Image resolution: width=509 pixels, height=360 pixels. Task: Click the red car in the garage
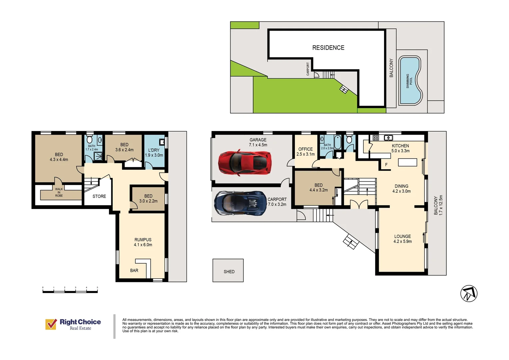pos(244,163)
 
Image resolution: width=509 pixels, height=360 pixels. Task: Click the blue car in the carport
pos(240,203)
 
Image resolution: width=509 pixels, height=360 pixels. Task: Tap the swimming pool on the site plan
pos(410,80)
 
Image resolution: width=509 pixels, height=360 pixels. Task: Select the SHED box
pos(228,270)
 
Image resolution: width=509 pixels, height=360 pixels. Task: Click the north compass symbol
pos(469,294)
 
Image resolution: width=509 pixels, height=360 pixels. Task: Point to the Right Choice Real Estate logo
pos(73,324)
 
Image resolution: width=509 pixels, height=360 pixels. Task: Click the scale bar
pos(70,291)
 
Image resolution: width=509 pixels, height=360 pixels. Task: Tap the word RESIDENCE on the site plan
pos(328,48)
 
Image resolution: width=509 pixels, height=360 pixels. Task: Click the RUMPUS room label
pos(143,242)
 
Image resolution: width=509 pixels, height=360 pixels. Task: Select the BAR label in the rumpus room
pos(134,270)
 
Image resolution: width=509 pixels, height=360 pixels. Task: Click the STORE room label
pos(99,196)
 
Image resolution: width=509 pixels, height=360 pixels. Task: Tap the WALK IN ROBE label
pos(59,192)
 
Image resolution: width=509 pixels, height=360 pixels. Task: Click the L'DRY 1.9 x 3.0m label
pos(154,153)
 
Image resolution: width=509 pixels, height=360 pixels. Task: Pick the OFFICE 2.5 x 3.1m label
pos(305,152)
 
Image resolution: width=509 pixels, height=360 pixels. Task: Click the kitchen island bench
pos(407,162)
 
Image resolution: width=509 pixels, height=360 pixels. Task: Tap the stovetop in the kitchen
pos(376,138)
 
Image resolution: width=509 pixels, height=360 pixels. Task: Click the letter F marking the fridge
pos(386,165)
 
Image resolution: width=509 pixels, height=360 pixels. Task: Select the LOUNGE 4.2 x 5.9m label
pos(402,239)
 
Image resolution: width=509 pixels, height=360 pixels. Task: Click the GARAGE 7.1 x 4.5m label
pos(258,142)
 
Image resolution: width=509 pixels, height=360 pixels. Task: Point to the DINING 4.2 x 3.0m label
pos(401,189)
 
